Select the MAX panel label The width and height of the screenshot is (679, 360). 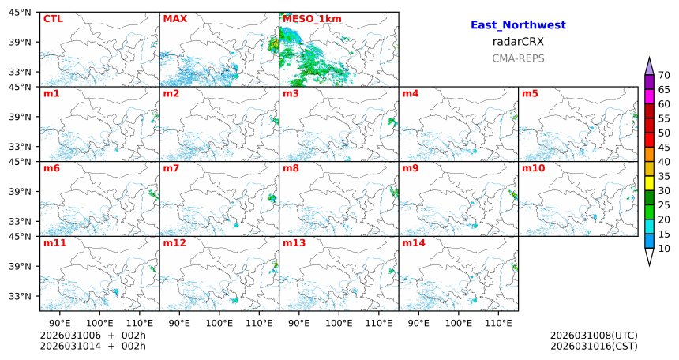click(x=174, y=18)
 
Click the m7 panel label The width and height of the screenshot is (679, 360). click(x=171, y=168)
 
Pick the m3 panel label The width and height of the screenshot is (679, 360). click(x=291, y=94)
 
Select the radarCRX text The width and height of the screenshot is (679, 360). click(x=518, y=42)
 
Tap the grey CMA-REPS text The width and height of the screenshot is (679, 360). click(x=518, y=58)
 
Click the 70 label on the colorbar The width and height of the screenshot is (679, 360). click(x=664, y=75)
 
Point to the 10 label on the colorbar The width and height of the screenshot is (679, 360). click(x=664, y=249)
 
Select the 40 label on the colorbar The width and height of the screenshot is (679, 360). click(x=664, y=162)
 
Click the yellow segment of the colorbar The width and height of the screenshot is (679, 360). click(x=649, y=183)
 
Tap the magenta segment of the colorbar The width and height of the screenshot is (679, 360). click(x=649, y=96)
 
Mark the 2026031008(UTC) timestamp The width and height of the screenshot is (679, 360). click(x=594, y=336)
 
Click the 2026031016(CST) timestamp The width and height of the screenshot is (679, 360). click(x=594, y=346)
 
